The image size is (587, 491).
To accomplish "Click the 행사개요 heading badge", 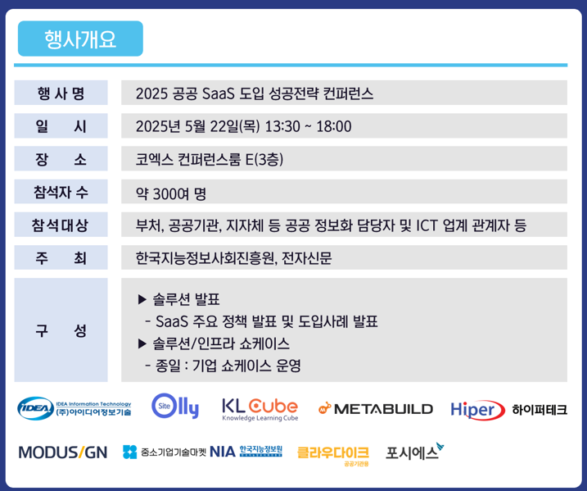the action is click(x=80, y=39).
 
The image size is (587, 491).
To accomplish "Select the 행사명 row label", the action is click(x=61, y=93).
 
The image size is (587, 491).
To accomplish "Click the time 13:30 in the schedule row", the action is click(x=282, y=126).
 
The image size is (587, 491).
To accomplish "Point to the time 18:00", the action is click(x=334, y=126).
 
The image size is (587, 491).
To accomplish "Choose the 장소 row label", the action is click(x=61, y=159).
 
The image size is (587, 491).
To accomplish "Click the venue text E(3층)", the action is click(x=264, y=159).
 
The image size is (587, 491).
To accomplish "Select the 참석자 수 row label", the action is click(x=61, y=192).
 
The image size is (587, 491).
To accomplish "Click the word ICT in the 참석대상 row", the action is click(x=427, y=225).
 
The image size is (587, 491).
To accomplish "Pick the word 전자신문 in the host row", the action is click(x=307, y=258).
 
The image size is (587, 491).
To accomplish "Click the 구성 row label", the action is click(x=61, y=330).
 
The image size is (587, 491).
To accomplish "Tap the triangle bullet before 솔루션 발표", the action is click(x=142, y=299).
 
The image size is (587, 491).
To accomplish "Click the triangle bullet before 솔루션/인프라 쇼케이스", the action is click(x=142, y=343).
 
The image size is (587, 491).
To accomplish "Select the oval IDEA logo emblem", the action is click(x=35, y=408).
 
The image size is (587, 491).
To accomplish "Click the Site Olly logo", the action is click(x=175, y=406).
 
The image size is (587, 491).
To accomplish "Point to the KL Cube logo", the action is click(x=260, y=409).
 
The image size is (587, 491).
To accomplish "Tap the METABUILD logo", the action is click(x=376, y=408).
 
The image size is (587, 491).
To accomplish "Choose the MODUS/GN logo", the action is click(x=63, y=452).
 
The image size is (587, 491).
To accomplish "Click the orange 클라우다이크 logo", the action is click(x=333, y=455).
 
